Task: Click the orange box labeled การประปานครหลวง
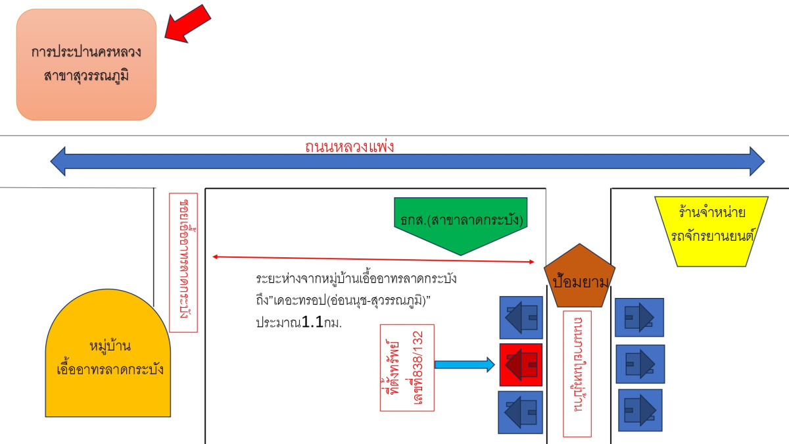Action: point(86,64)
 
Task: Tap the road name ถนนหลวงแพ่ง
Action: point(349,146)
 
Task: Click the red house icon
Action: point(520,364)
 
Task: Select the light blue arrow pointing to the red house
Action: point(464,364)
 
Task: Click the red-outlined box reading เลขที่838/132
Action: point(408,367)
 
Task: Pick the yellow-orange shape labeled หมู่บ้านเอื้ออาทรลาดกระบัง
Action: point(108,358)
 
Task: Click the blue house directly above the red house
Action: point(521,318)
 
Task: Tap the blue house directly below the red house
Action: point(520,412)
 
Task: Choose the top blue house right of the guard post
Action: point(639,317)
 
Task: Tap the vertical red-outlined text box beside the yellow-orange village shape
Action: point(183,262)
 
